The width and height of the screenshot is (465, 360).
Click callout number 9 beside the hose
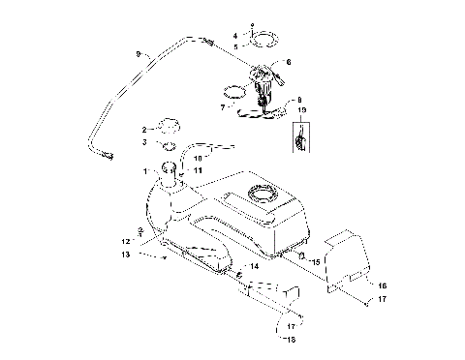(139, 52)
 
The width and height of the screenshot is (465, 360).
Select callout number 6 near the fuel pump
(288, 62)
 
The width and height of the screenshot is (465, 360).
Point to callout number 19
(301, 112)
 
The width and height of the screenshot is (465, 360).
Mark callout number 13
(126, 254)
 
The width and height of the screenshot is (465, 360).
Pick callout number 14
(255, 265)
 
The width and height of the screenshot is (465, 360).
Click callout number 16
(382, 286)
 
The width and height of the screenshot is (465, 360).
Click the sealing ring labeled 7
(233, 94)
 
